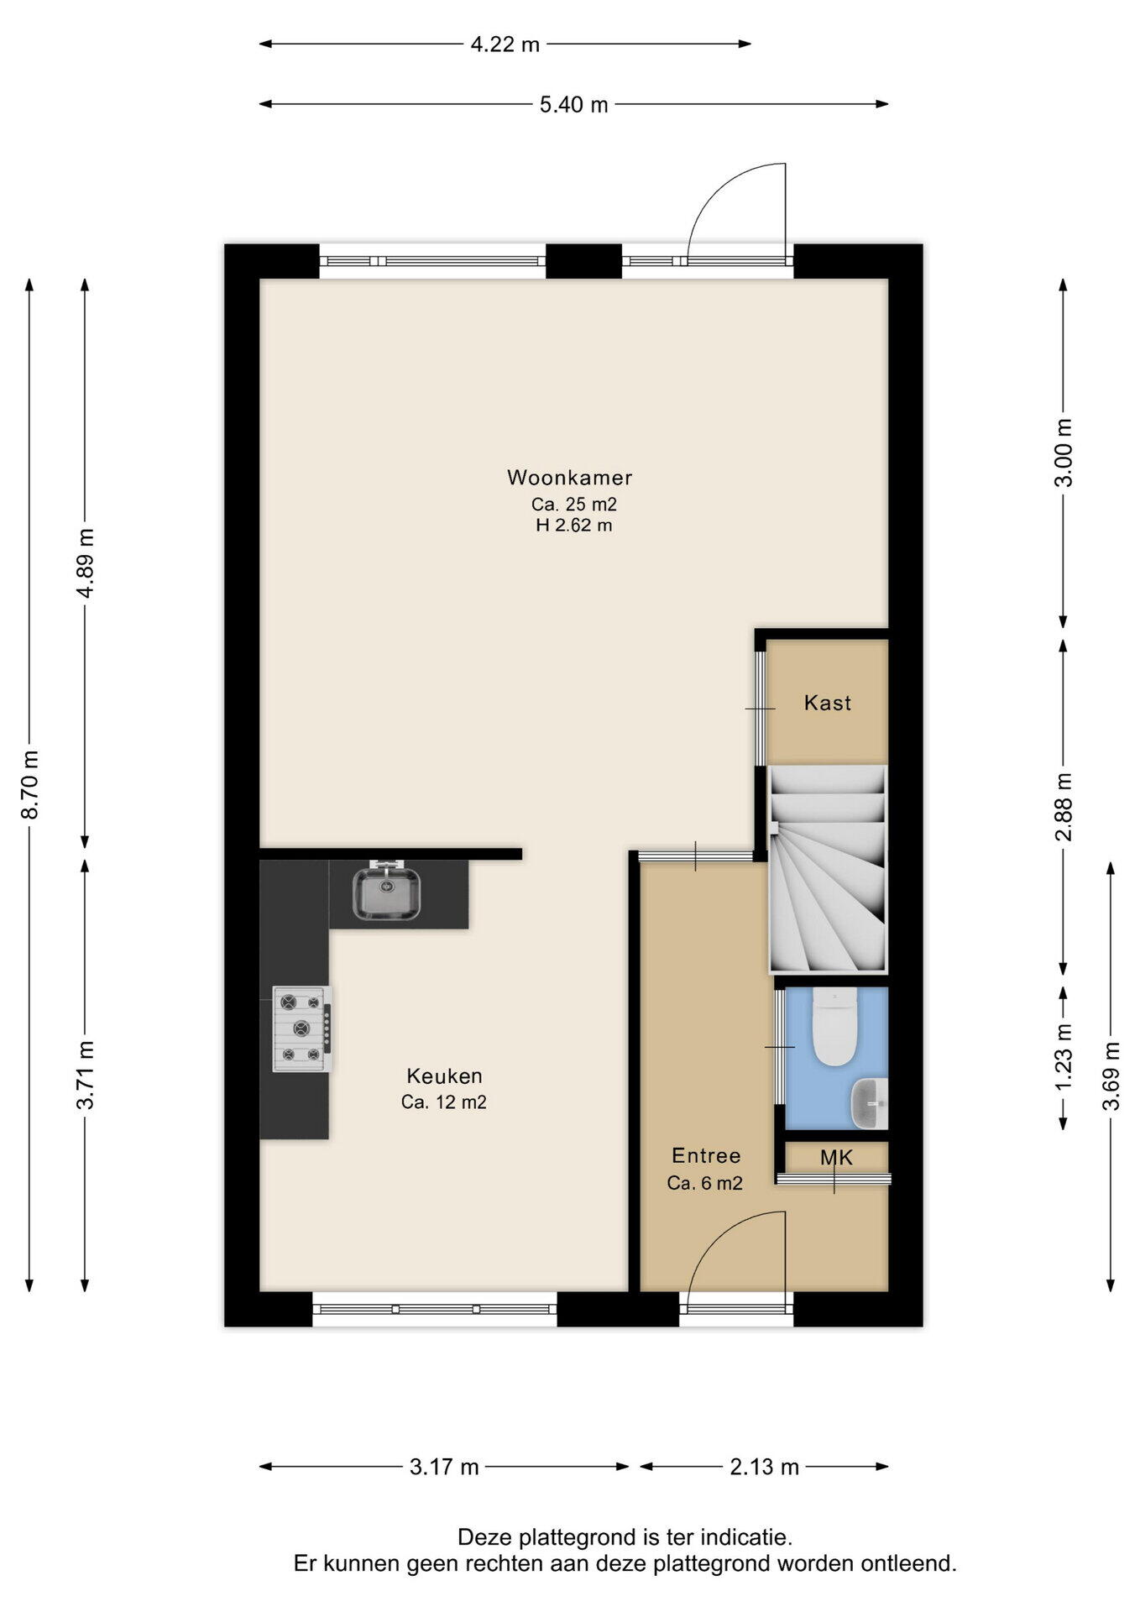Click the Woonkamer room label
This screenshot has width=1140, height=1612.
[569, 478]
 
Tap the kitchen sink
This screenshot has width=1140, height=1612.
[386, 893]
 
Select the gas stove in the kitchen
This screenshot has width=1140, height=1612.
[302, 1028]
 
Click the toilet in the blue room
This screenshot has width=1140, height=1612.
[834, 1027]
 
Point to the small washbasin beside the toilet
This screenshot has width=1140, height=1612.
[870, 1103]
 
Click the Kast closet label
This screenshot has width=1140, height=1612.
[828, 703]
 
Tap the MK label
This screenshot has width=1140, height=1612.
[836, 1158]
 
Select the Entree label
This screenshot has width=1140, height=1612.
[706, 1156]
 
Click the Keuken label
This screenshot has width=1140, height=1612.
[444, 1076]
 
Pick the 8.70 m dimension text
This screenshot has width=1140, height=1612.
[30, 784]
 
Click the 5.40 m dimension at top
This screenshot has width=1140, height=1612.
[573, 105]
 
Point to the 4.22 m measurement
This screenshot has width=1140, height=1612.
[505, 44]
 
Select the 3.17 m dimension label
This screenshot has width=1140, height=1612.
[444, 1467]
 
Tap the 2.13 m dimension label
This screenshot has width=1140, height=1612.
[764, 1467]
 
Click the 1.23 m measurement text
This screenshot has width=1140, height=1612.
[1064, 1056]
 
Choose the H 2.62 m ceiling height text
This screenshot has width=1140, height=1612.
[574, 526]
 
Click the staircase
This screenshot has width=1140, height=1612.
[828, 870]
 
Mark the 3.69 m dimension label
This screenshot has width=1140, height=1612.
[1111, 1076]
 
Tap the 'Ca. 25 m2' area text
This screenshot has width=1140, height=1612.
[574, 505]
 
